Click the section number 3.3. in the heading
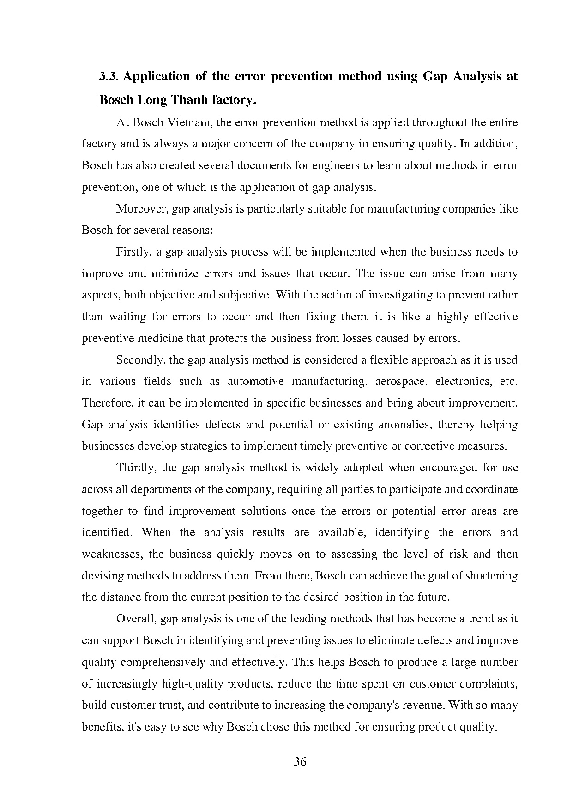click(109, 76)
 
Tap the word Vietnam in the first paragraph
click(188, 122)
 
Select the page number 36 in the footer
click(300, 762)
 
